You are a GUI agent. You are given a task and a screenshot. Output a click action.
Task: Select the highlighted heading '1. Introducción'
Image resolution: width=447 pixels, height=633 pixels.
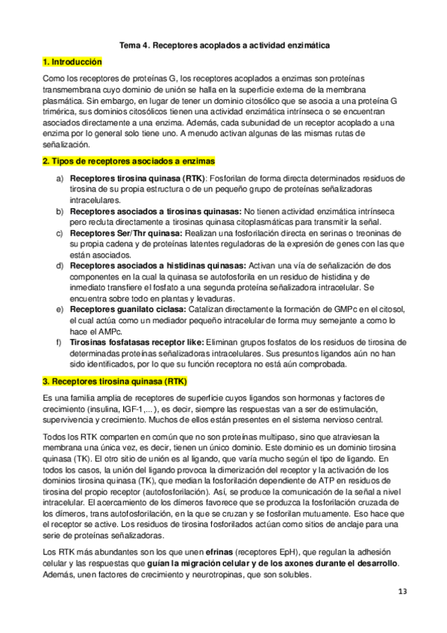[72, 62]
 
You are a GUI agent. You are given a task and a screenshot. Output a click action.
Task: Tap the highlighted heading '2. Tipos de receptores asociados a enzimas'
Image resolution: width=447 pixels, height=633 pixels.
[129, 160]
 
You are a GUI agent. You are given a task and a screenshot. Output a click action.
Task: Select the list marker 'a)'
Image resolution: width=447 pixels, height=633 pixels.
[59, 178]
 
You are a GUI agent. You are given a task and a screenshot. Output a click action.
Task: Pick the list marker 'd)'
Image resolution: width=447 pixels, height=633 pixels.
[59, 265]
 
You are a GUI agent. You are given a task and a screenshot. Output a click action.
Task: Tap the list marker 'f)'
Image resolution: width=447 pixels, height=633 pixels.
[59, 342]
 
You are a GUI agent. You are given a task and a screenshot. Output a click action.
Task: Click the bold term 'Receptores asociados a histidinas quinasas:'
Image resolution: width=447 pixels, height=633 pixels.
[157, 265]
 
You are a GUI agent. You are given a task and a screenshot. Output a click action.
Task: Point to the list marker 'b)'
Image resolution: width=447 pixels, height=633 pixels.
[59, 211]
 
